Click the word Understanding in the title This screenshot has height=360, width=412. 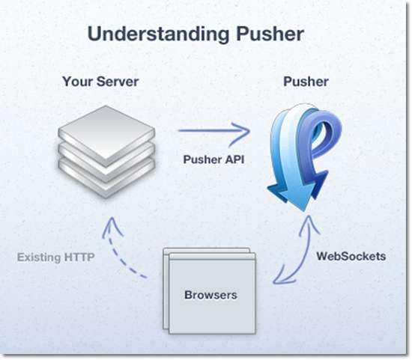(x=159, y=34)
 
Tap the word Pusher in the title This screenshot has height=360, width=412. (x=270, y=34)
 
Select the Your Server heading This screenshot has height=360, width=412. (x=100, y=81)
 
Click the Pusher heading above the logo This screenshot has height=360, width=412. (x=306, y=82)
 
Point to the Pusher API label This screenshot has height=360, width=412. (x=213, y=159)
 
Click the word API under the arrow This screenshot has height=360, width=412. (x=234, y=159)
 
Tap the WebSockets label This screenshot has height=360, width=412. (x=351, y=256)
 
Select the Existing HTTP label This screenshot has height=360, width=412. (x=55, y=257)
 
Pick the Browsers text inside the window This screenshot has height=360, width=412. (x=210, y=295)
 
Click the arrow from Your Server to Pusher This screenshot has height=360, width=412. (x=214, y=130)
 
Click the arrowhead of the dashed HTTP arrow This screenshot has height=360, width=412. (x=112, y=227)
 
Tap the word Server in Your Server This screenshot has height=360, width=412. (x=118, y=81)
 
